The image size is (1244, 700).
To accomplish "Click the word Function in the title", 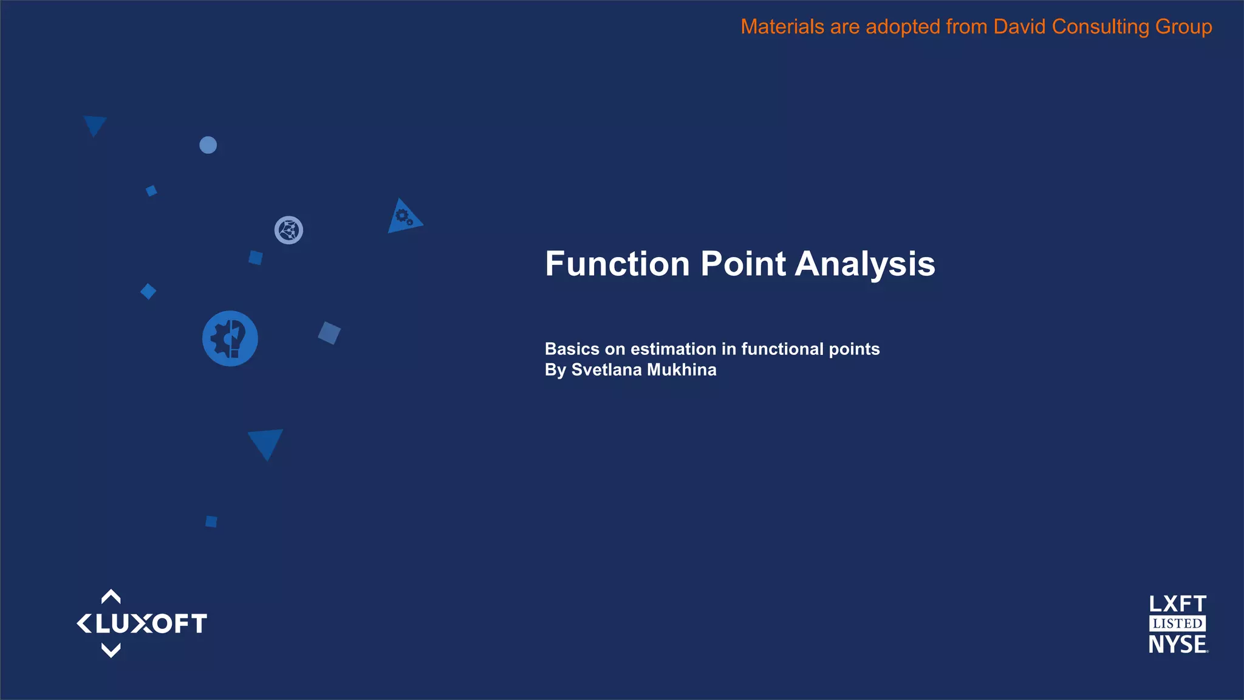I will point(617,264).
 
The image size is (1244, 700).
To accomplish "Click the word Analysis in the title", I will point(865,264).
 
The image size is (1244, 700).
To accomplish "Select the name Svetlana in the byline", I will point(606,369).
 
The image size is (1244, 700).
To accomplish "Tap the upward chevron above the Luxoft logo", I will point(111,596).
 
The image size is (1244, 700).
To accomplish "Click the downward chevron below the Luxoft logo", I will point(111,651).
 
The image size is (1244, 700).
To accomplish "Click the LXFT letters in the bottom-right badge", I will point(1177,604).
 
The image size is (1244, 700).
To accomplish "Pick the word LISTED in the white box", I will point(1177,623).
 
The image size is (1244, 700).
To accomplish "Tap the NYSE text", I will point(1177,644).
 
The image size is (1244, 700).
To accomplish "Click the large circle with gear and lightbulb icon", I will point(230,338).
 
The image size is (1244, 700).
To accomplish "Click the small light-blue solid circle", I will point(208,145).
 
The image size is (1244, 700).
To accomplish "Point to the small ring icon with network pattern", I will point(289,230).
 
